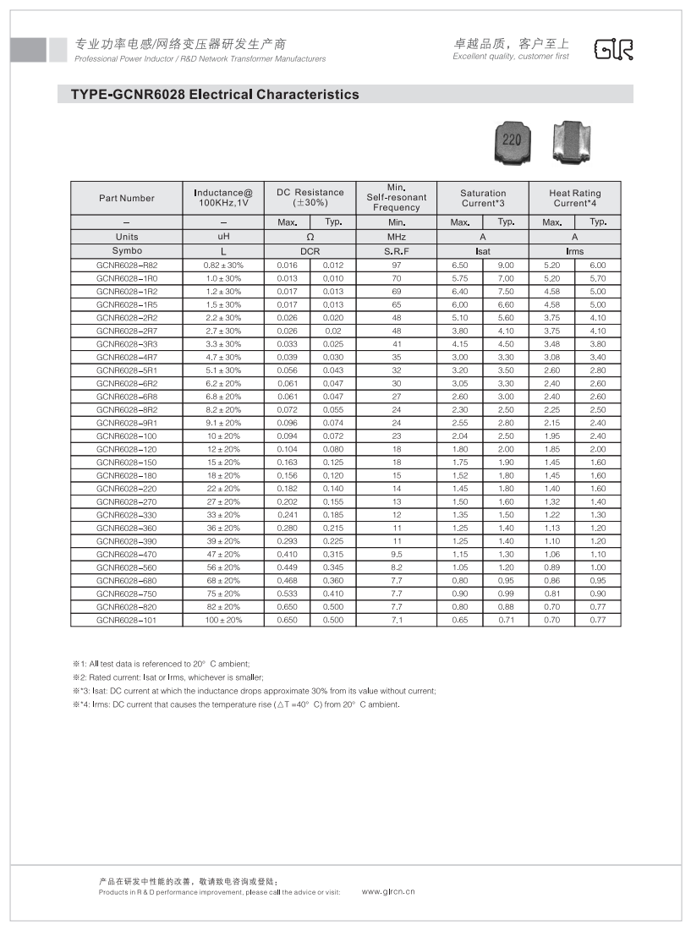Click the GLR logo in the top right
coord(613,50)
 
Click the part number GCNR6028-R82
coord(127,266)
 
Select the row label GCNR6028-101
coord(127,620)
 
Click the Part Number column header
coord(127,199)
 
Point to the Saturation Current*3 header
coord(483,199)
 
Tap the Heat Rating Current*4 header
coord(574,199)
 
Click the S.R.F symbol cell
coord(397,251)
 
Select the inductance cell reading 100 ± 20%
coord(223,620)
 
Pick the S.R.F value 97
coord(397,266)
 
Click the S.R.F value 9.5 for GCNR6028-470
coord(397,554)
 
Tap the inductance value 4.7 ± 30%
coord(223,358)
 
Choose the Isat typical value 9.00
coord(506,266)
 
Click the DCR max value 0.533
coord(288,594)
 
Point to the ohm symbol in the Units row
coord(310,238)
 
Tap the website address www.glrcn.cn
coord(388,891)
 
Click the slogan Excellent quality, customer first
coord(511,57)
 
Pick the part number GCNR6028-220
coord(127,489)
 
